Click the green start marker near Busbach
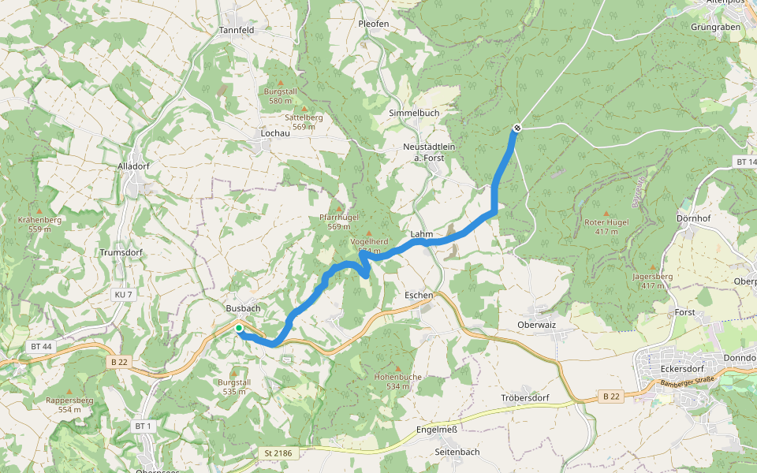(238, 328)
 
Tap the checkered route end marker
(517, 128)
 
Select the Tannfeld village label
(237, 31)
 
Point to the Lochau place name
(276, 133)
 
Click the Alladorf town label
(133, 166)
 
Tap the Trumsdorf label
(120, 253)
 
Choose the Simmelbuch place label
(414, 114)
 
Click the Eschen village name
(418, 295)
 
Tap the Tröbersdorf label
(524, 397)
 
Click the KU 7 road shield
(124, 295)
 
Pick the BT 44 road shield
(42, 346)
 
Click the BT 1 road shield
(142, 426)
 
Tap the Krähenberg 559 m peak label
(39, 224)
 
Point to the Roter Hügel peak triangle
(606, 213)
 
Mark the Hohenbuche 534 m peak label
(397, 382)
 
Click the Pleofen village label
(374, 24)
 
